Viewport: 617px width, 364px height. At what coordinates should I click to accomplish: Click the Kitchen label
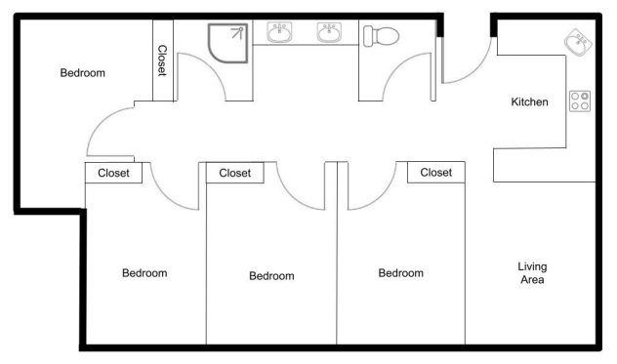pos(529,101)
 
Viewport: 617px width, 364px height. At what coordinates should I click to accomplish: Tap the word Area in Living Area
pos(532,280)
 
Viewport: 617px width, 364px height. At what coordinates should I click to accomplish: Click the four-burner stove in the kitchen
pos(580,101)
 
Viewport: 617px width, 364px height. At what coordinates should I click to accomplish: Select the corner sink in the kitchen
pos(578,42)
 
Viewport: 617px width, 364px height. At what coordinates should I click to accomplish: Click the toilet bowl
pos(386,36)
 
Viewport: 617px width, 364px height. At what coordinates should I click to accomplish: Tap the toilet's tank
pos(368,36)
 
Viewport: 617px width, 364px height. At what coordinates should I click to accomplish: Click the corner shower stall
pos(227,43)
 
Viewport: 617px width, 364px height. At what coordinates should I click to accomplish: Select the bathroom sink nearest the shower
pos(279,32)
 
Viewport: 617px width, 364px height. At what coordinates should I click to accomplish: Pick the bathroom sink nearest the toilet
pos(329,32)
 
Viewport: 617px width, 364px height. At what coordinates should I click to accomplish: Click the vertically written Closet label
pos(162,61)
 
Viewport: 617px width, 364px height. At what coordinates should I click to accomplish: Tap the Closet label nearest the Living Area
pos(436,173)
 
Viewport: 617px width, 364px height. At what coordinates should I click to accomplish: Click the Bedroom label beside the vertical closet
pos(83,73)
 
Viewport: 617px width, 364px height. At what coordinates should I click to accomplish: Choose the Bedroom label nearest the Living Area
pos(401,273)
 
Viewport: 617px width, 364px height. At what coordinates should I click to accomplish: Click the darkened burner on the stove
pos(585,96)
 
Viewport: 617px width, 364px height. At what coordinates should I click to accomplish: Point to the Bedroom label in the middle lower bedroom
pos(272,276)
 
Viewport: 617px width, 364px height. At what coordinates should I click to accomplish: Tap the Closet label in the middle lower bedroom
pos(235,173)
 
